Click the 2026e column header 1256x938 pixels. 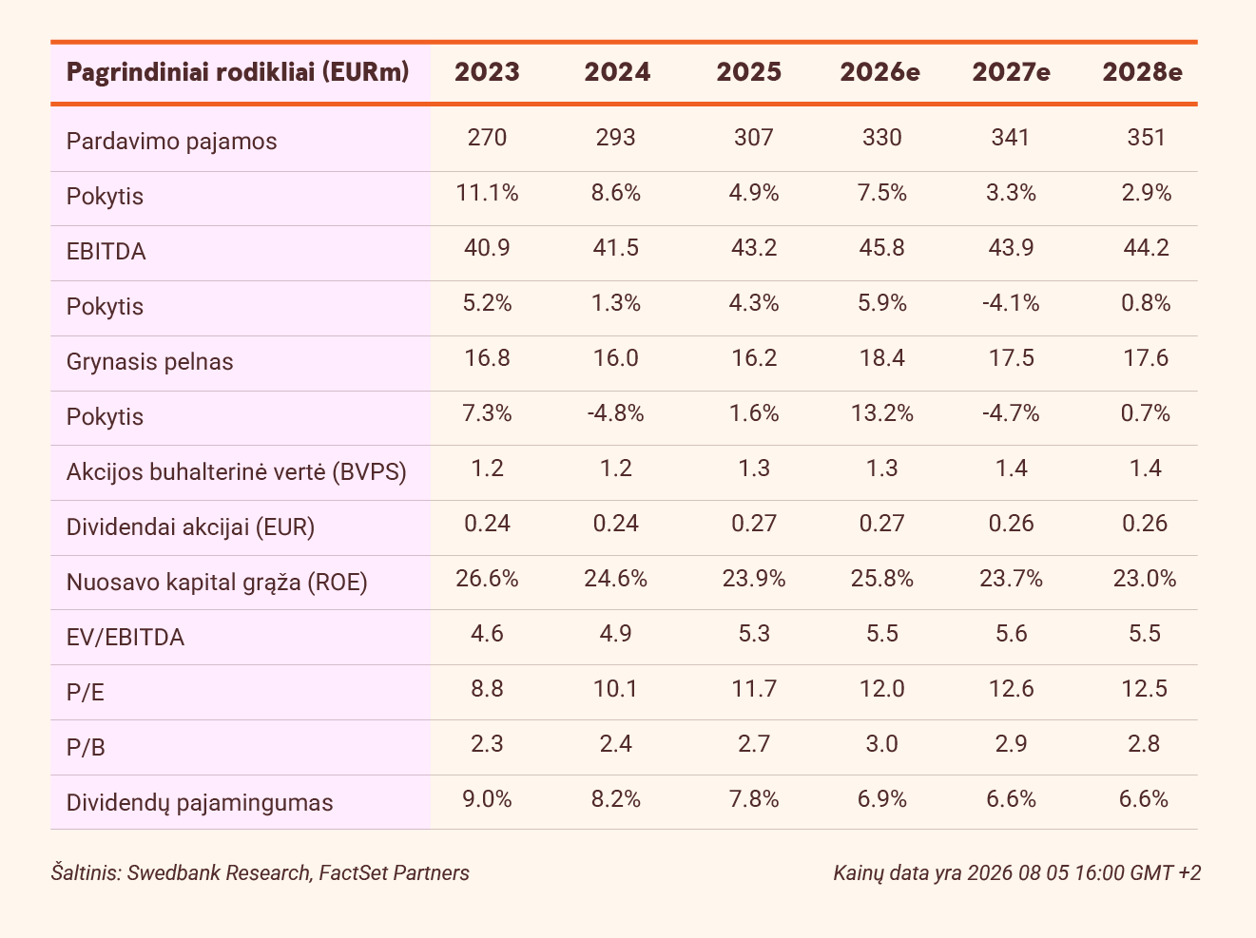(880, 72)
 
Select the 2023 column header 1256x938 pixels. (487, 72)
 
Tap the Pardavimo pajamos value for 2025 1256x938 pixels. (754, 137)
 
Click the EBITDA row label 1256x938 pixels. (106, 252)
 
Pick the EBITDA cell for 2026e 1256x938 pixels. (881, 248)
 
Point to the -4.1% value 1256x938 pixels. (1011, 302)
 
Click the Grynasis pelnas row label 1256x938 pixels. (150, 362)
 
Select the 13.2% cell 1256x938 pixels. (881, 413)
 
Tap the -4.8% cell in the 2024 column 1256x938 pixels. (616, 413)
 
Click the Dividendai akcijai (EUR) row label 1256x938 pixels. (190, 527)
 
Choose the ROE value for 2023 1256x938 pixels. (487, 579)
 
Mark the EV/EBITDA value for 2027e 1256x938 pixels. (1011, 634)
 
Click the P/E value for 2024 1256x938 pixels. (616, 689)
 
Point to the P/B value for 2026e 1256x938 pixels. (881, 744)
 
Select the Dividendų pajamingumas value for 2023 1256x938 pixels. (487, 799)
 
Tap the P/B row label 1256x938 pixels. (86, 748)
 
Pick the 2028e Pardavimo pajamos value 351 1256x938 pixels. (1146, 137)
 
